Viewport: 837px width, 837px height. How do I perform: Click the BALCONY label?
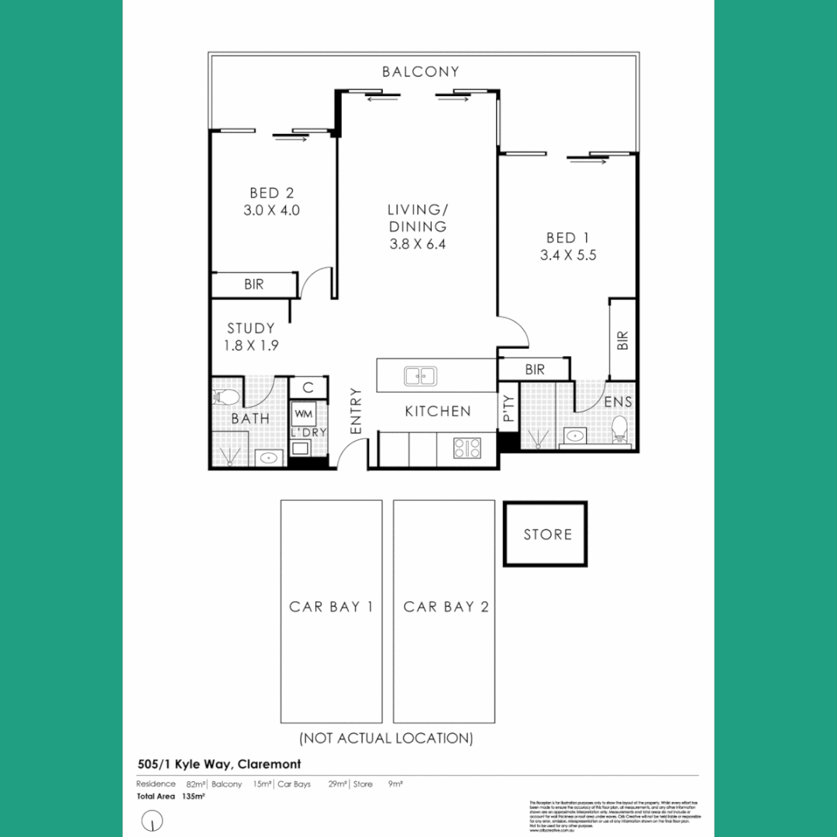click(x=420, y=72)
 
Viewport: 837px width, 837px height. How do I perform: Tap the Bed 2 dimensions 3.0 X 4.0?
click(x=271, y=210)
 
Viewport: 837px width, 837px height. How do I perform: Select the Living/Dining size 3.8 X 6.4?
click(x=417, y=244)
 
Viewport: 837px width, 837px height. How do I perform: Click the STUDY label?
click(x=250, y=329)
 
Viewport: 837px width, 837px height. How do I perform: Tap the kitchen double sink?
click(x=419, y=376)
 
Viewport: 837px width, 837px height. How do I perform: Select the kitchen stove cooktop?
click(x=467, y=447)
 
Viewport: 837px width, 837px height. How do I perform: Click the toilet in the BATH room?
click(x=224, y=398)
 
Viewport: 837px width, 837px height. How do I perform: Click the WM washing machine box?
click(x=302, y=415)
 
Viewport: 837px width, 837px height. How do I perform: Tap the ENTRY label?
click(x=356, y=411)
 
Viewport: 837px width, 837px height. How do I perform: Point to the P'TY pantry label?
click(x=508, y=408)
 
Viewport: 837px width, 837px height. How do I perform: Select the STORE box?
click(x=546, y=534)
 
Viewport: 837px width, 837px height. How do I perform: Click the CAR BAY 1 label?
click(x=331, y=607)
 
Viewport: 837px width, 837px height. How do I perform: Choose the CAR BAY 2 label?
click(x=446, y=607)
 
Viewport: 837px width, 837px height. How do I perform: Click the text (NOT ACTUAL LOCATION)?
click(x=386, y=738)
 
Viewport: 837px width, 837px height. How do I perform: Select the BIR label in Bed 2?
click(x=253, y=284)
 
